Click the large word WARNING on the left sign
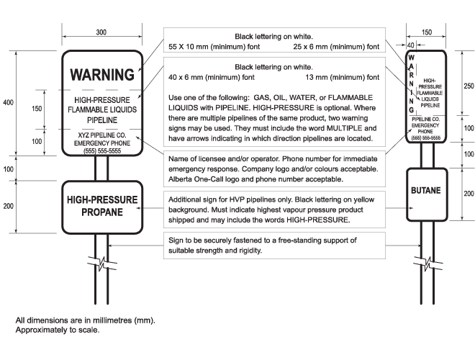[101, 74]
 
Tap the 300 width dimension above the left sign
[101, 32]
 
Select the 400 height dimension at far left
[9, 103]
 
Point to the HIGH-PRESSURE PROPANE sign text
[101, 205]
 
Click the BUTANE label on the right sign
[427, 193]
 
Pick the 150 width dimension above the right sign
[427, 32]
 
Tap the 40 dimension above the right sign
[410, 45]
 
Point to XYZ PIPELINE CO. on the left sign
[101, 135]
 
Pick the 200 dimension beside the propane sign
[9, 206]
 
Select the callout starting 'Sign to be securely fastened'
[263, 245]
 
